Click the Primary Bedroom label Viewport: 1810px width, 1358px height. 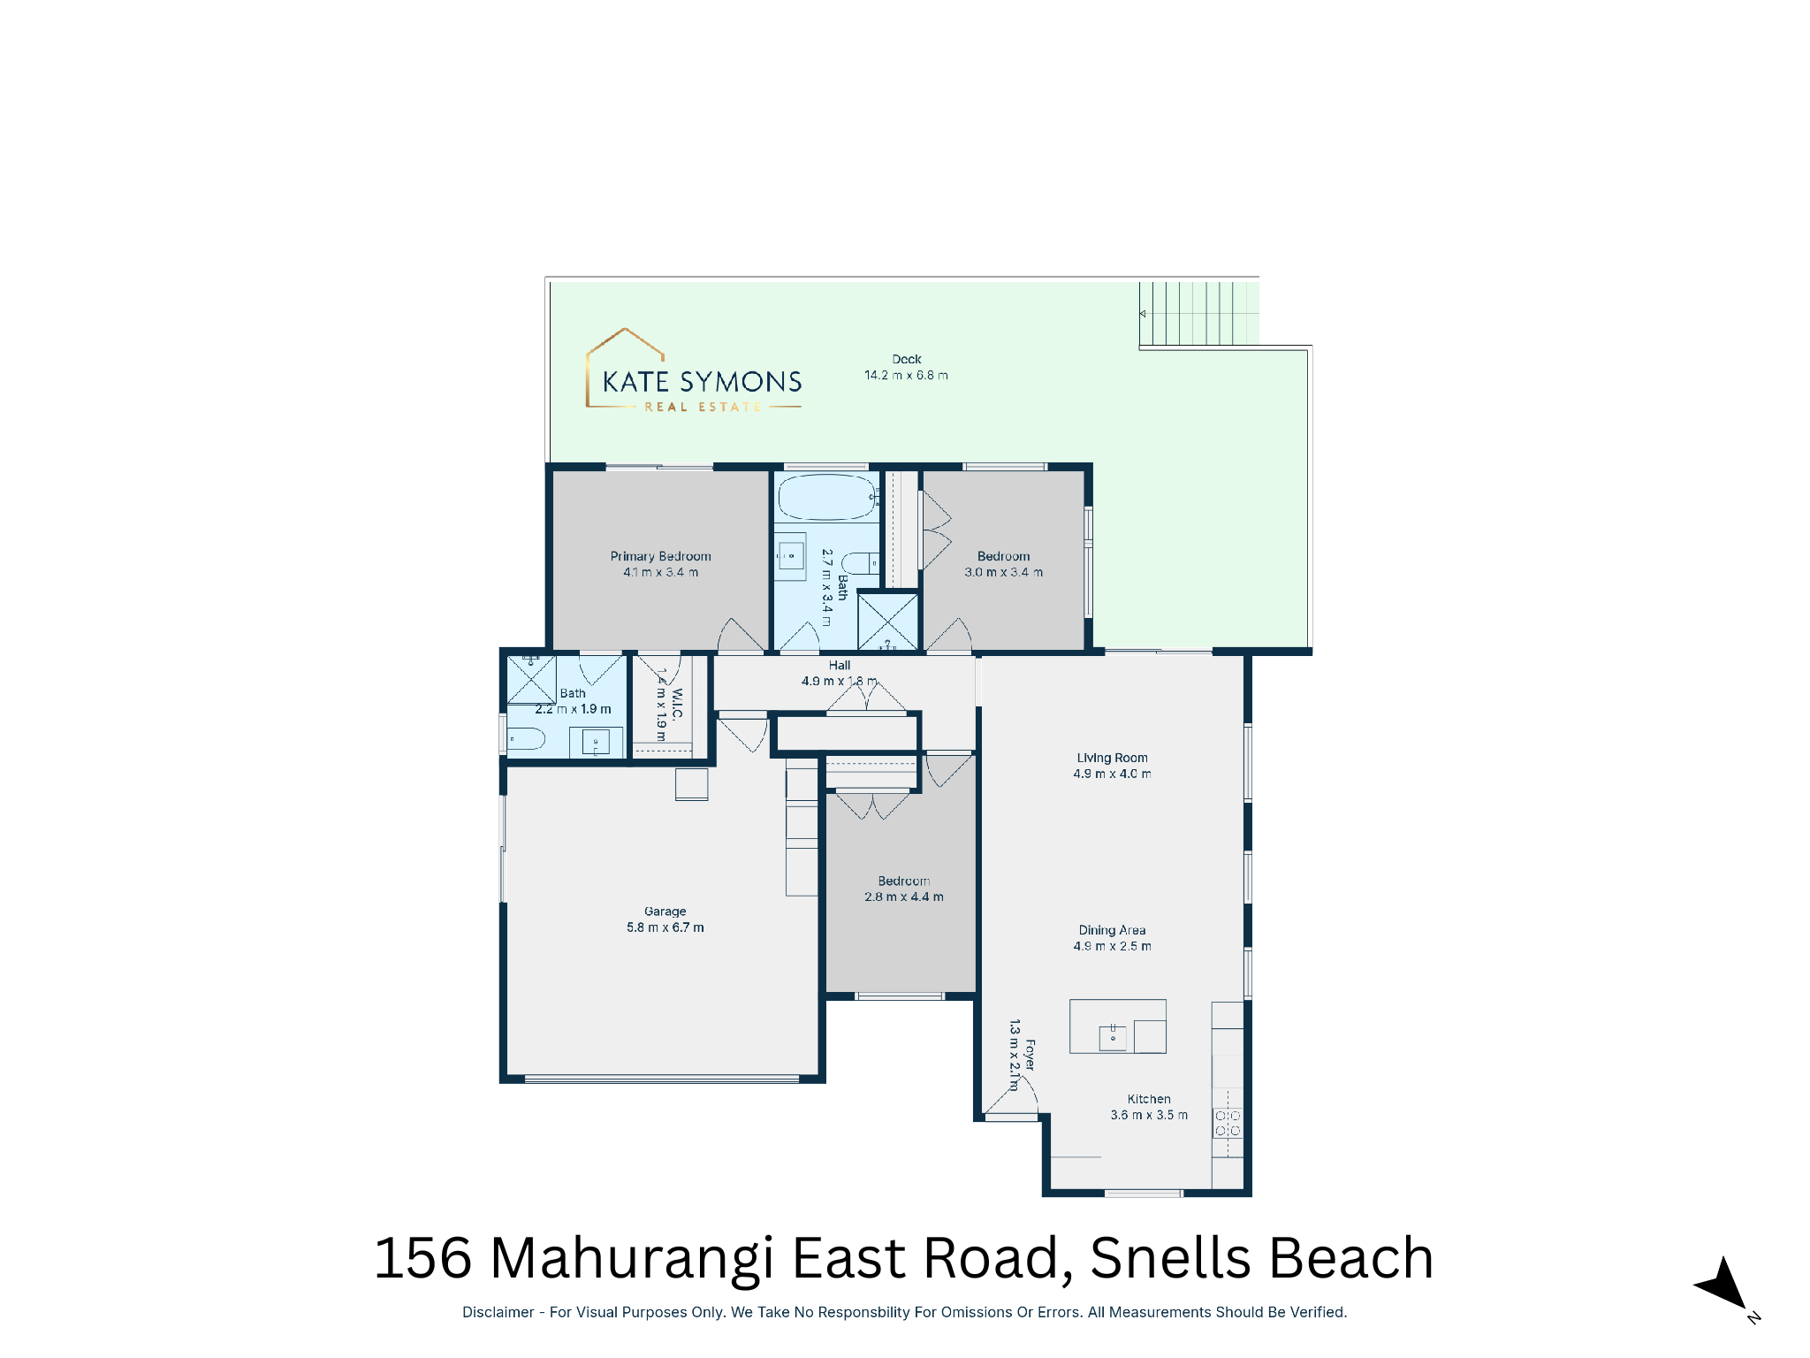click(660, 556)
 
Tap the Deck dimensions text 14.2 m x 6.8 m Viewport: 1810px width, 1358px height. click(906, 375)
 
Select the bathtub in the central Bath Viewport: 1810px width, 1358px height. click(827, 497)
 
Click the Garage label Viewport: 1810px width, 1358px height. click(665, 912)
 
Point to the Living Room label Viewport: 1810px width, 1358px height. click(1112, 758)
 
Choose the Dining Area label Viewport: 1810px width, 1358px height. click(1112, 930)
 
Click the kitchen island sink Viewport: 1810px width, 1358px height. click(1113, 1036)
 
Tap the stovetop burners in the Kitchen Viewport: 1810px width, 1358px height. click(1228, 1124)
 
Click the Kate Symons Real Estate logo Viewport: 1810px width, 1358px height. click(694, 370)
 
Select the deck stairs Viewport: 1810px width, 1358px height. click(1198, 313)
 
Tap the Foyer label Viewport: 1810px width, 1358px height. click(1030, 1055)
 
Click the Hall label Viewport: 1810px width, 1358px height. click(840, 665)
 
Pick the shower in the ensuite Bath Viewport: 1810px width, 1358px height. click(531, 679)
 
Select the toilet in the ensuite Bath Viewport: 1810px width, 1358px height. click(526, 738)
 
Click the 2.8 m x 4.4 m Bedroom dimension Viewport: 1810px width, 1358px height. click(903, 896)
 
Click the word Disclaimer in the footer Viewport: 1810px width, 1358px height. click(498, 1312)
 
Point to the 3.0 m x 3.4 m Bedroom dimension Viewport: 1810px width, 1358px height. click(1003, 572)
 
